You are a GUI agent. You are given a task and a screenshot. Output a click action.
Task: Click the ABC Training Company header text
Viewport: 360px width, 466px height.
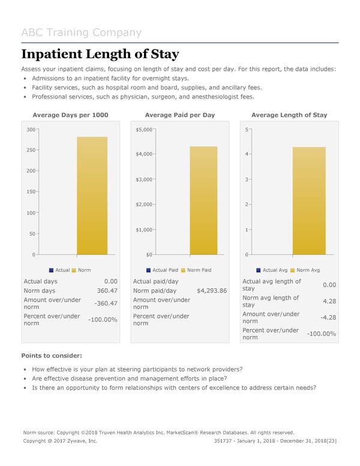pos(81,32)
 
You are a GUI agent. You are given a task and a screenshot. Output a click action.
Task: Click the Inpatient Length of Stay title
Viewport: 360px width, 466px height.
pos(100,54)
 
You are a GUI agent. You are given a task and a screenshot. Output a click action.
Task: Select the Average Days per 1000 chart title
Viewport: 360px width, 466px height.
pos(70,115)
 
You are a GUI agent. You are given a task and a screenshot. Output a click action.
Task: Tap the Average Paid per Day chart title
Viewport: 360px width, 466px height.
pos(180,115)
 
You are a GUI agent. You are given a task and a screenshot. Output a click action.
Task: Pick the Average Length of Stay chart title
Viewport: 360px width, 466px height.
pos(289,115)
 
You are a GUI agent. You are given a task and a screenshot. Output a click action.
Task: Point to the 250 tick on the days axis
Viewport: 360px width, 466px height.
pos(30,150)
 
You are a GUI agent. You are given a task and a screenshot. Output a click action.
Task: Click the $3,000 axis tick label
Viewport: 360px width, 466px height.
pos(145,180)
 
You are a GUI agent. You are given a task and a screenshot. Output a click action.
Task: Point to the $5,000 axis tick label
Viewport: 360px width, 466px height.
pos(145,129)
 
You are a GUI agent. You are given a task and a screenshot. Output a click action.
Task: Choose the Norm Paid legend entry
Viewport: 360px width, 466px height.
pos(196,270)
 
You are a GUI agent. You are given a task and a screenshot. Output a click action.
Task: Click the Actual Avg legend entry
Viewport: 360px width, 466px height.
pos(275,270)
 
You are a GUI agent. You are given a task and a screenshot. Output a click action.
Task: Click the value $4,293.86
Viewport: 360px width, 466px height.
pos(212,291)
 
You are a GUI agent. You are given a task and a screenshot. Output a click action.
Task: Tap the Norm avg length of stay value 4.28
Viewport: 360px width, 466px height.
pos(329,301)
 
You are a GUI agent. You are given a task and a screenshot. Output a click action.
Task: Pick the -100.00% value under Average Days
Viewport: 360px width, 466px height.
pos(103,319)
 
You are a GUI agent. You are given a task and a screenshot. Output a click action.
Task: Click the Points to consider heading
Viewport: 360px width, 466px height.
pos(52,356)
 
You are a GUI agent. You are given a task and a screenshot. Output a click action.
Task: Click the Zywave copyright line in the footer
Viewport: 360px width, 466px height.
pos(60,441)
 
